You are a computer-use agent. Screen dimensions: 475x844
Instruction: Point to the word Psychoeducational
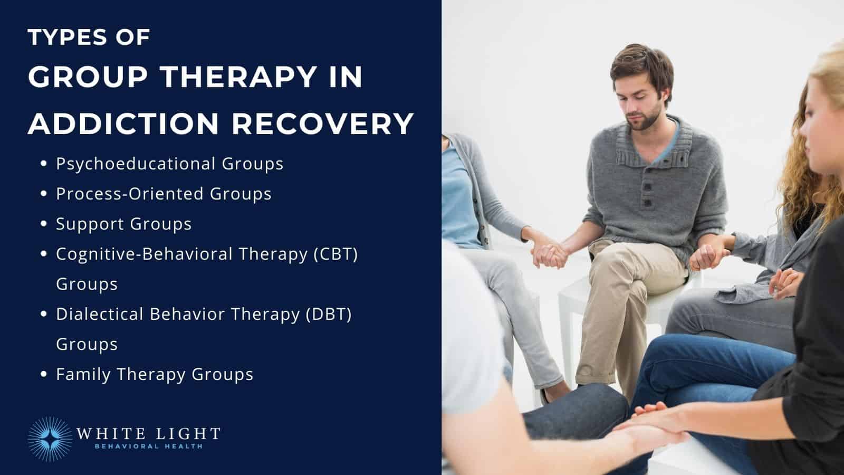pyautogui.click(x=136, y=164)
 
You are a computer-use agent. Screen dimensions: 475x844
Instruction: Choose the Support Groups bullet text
pyautogui.click(x=123, y=224)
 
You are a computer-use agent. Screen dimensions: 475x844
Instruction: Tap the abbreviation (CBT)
pyautogui.click(x=335, y=254)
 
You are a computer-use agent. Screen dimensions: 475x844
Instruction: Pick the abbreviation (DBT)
pyautogui.click(x=329, y=314)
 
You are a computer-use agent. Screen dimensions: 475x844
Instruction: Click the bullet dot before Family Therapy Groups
pyautogui.click(x=44, y=375)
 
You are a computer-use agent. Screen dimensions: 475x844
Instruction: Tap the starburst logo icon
pyautogui.click(x=50, y=439)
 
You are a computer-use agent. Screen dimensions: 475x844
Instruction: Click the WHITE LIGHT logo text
pyautogui.click(x=148, y=434)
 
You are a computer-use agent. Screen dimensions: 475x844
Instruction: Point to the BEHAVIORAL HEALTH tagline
pyautogui.click(x=148, y=446)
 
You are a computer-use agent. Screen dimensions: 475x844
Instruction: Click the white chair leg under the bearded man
pyautogui.click(x=565, y=338)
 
